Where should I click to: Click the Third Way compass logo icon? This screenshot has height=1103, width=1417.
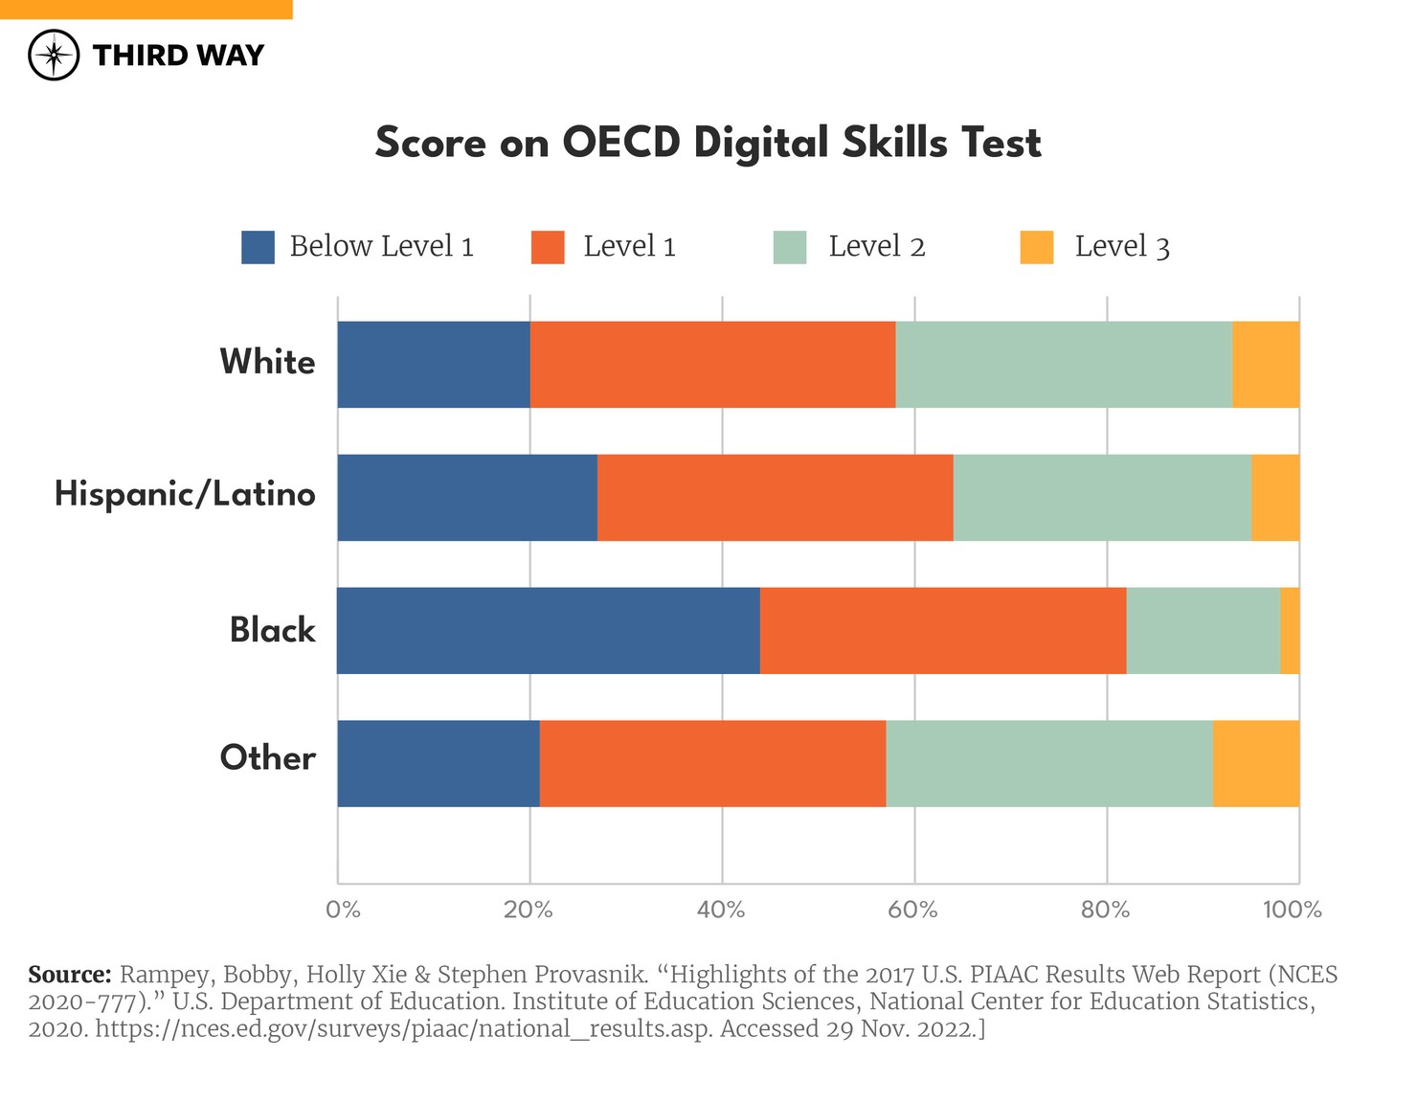(x=54, y=56)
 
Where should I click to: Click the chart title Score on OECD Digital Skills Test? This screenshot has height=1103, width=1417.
(x=708, y=143)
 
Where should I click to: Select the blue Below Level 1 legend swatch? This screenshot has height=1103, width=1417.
(x=258, y=247)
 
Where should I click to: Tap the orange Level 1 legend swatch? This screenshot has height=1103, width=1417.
(x=548, y=247)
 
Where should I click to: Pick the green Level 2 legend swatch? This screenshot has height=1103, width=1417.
(x=790, y=247)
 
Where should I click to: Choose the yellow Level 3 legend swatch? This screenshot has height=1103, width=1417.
(x=1037, y=247)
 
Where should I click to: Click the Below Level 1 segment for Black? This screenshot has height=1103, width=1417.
(x=549, y=630)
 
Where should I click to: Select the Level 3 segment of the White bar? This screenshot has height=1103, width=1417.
(x=1266, y=365)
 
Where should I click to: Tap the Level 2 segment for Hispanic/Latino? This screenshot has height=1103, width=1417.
(x=1102, y=497)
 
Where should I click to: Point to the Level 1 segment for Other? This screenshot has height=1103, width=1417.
(x=712, y=763)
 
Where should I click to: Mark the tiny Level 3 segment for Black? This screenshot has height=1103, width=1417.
(x=1290, y=630)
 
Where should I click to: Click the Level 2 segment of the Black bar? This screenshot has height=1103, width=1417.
(x=1203, y=630)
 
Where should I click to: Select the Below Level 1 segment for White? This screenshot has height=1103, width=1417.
(x=434, y=365)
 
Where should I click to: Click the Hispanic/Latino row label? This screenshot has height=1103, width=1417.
(x=185, y=494)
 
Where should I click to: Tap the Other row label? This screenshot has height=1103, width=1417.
(x=267, y=758)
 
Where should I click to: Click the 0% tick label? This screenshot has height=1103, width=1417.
(x=343, y=910)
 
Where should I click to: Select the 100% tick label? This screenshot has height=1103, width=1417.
(x=1292, y=910)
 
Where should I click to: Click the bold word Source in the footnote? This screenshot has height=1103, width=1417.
(x=70, y=975)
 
